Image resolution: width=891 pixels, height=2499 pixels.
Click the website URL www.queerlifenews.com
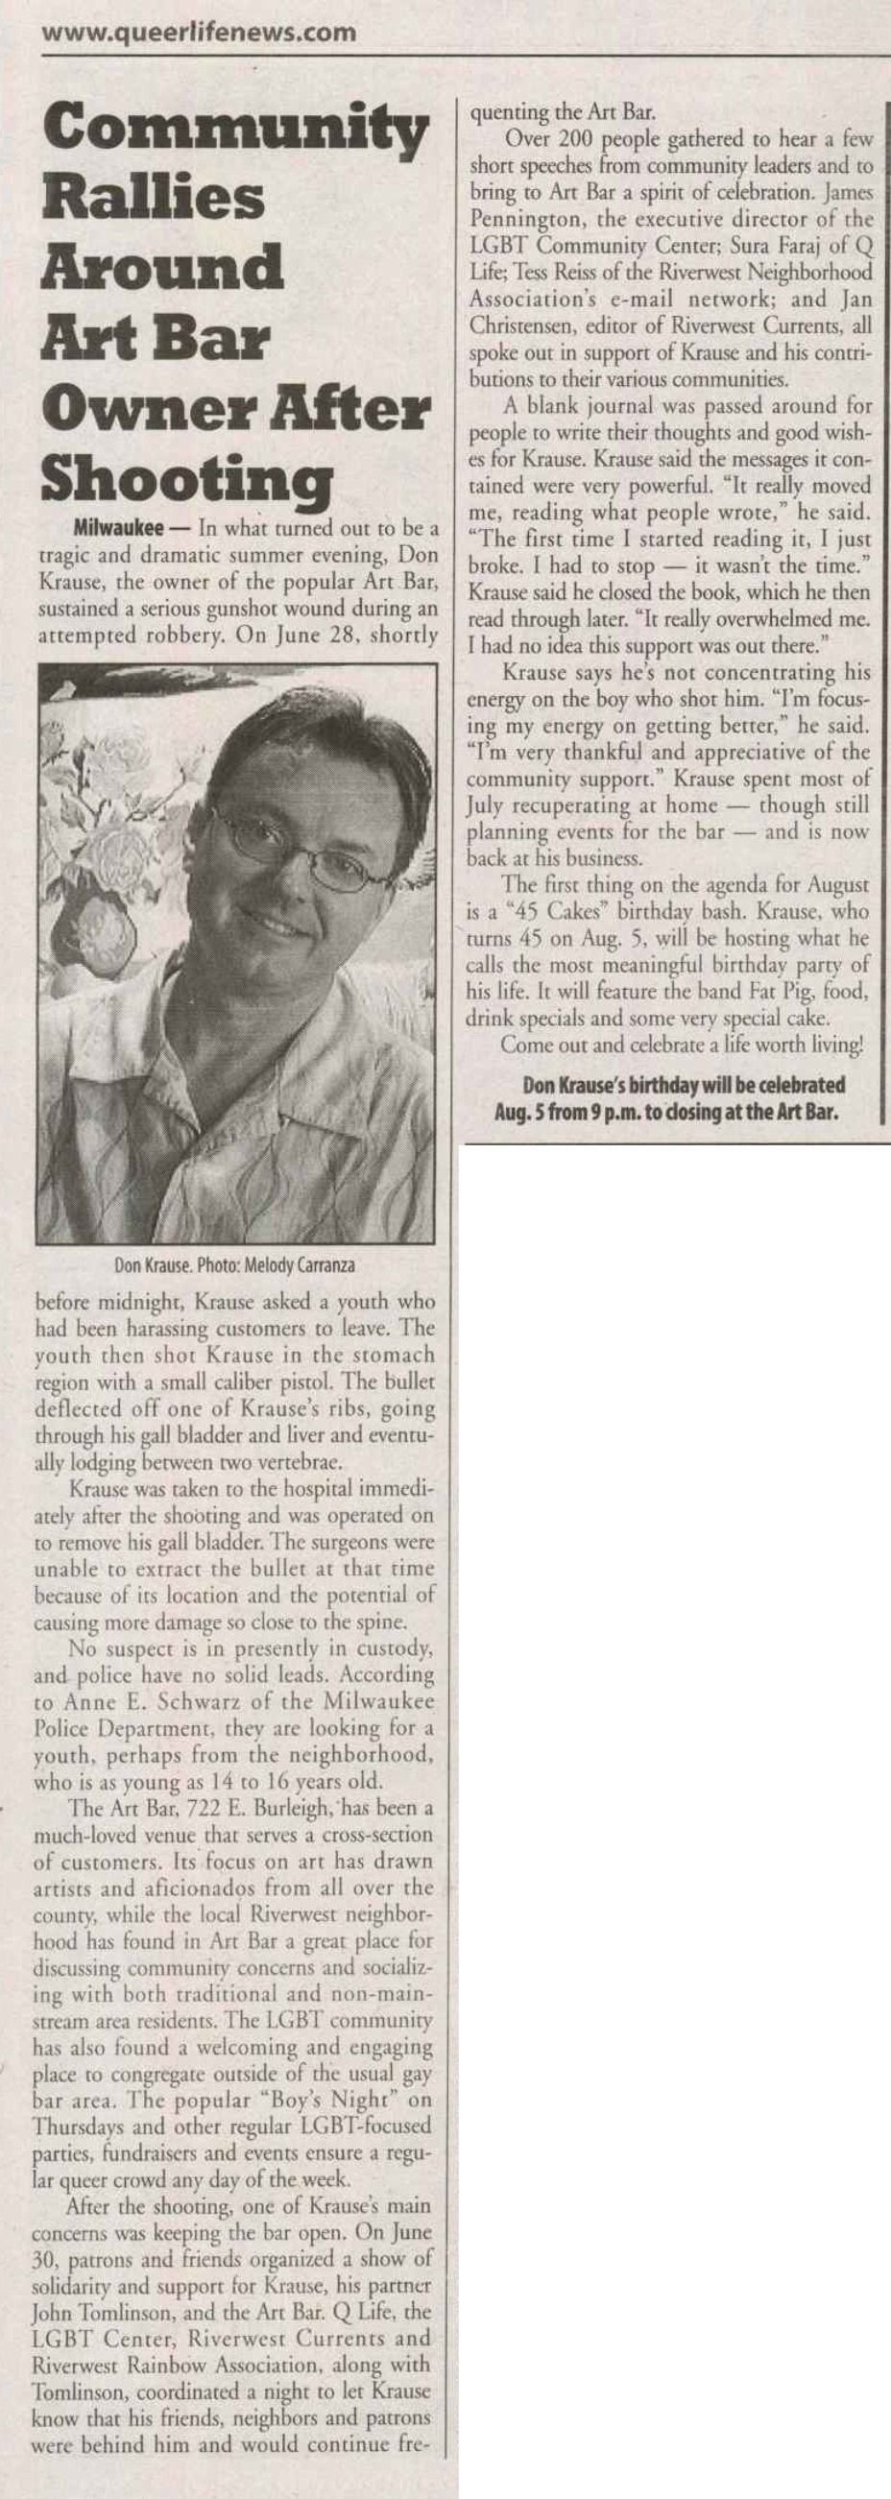pyautogui.click(x=200, y=33)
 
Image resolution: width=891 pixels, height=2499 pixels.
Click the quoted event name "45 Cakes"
pyautogui.click(x=578, y=913)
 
